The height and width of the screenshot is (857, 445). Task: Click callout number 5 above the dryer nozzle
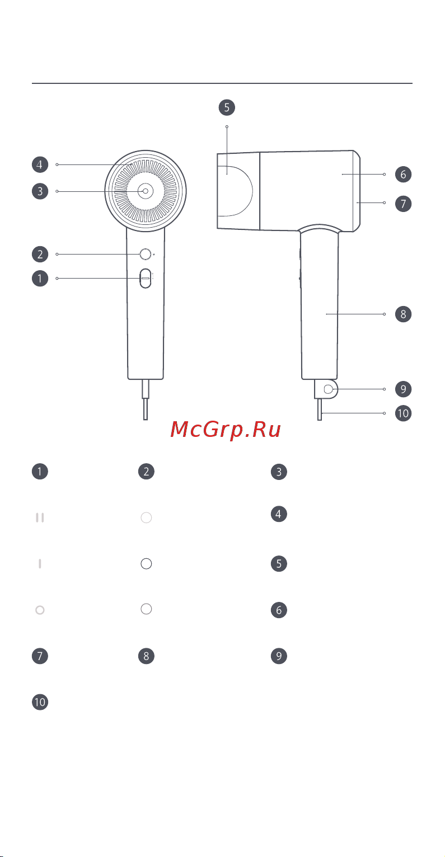click(x=227, y=107)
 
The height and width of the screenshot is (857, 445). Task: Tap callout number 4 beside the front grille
click(x=40, y=164)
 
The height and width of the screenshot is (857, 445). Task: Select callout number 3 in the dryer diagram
click(x=40, y=191)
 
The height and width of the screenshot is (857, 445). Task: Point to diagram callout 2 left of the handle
click(x=40, y=255)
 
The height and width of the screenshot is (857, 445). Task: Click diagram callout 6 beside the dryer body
click(x=403, y=175)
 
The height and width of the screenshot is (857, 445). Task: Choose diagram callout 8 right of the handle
click(x=403, y=314)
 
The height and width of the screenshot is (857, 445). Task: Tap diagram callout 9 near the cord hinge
click(x=403, y=389)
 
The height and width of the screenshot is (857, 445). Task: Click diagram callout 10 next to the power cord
click(x=403, y=414)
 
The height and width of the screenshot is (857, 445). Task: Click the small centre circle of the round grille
click(x=146, y=191)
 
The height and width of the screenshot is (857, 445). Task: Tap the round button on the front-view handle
click(x=146, y=255)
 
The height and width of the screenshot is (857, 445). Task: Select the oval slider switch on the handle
click(x=146, y=278)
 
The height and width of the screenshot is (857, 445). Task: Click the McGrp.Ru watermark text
click(x=225, y=430)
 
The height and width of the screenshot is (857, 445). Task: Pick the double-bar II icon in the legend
click(x=40, y=518)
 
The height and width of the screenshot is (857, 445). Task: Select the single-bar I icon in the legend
click(x=40, y=564)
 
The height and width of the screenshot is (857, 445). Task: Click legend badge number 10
click(x=40, y=703)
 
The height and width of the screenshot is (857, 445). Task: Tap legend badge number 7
click(x=40, y=656)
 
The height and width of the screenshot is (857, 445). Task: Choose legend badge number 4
click(x=279, y=514)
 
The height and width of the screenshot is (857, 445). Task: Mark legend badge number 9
click(x=279, y=656)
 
